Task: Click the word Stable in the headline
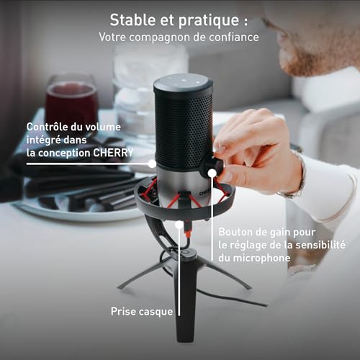coord(132,20)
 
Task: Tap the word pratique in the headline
coord(209,21)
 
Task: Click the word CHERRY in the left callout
coord(113,153)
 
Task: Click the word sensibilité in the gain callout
coord(320,245)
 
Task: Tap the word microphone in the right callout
coord(261,258)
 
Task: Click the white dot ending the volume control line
coord(152,164)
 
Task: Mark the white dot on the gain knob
coord(212,173)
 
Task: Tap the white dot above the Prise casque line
coord(179,225)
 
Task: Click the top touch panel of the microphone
coord(184,82)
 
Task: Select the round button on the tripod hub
coord(186,253)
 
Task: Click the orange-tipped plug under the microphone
coord(188,230)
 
